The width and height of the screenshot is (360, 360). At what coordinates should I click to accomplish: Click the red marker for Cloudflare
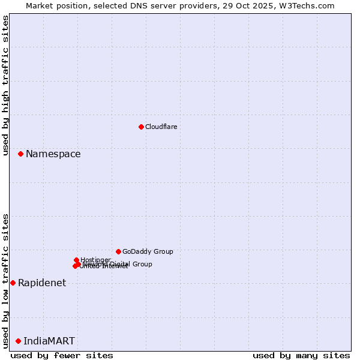pyautogui.click(x=141, y=127)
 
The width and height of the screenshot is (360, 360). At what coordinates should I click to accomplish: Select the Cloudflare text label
pyautogui.click(x=161, y=127)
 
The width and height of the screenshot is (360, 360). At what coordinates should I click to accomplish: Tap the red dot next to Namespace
pyautogui.click(x=20, y=154)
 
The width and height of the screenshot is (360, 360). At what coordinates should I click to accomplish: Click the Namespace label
pyautogui.click(x=53, y=154)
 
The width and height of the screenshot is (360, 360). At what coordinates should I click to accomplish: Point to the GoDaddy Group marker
pyautogui.click(x=118, y=251)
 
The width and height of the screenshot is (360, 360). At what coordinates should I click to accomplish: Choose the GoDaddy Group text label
pyautogui.click(x=148, y=252)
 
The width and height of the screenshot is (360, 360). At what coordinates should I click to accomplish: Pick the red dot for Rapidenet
pyautogui.click(x=13, y=283)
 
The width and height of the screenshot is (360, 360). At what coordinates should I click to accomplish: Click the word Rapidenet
pyautogui.click(x=42, y=283)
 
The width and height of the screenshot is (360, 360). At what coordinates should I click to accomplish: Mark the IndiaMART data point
pyautogui.click(x=18, y=341)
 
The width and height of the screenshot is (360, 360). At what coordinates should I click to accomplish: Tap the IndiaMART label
pyautogui.click(x=49, y=341)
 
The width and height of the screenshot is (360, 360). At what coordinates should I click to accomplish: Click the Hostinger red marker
pyautogui.click(x=77, y=260)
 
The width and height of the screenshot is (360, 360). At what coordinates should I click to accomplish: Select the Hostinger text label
pyautogui.click(x=95, y=260)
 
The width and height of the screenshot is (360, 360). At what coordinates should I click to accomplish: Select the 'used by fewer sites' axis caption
pyautogui.click(x=62, y=355)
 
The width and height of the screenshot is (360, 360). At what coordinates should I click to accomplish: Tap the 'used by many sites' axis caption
pyautogui.click(x=301, y=355)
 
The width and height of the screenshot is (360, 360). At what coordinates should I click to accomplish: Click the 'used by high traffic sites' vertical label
pyautogui.click(x=6, y=85)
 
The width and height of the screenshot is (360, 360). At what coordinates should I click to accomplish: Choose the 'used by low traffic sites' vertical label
pyautogui.click(x=6, y=281)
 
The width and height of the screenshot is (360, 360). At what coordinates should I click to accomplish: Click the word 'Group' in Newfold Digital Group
pyautogui.click(x=142, y=264)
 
